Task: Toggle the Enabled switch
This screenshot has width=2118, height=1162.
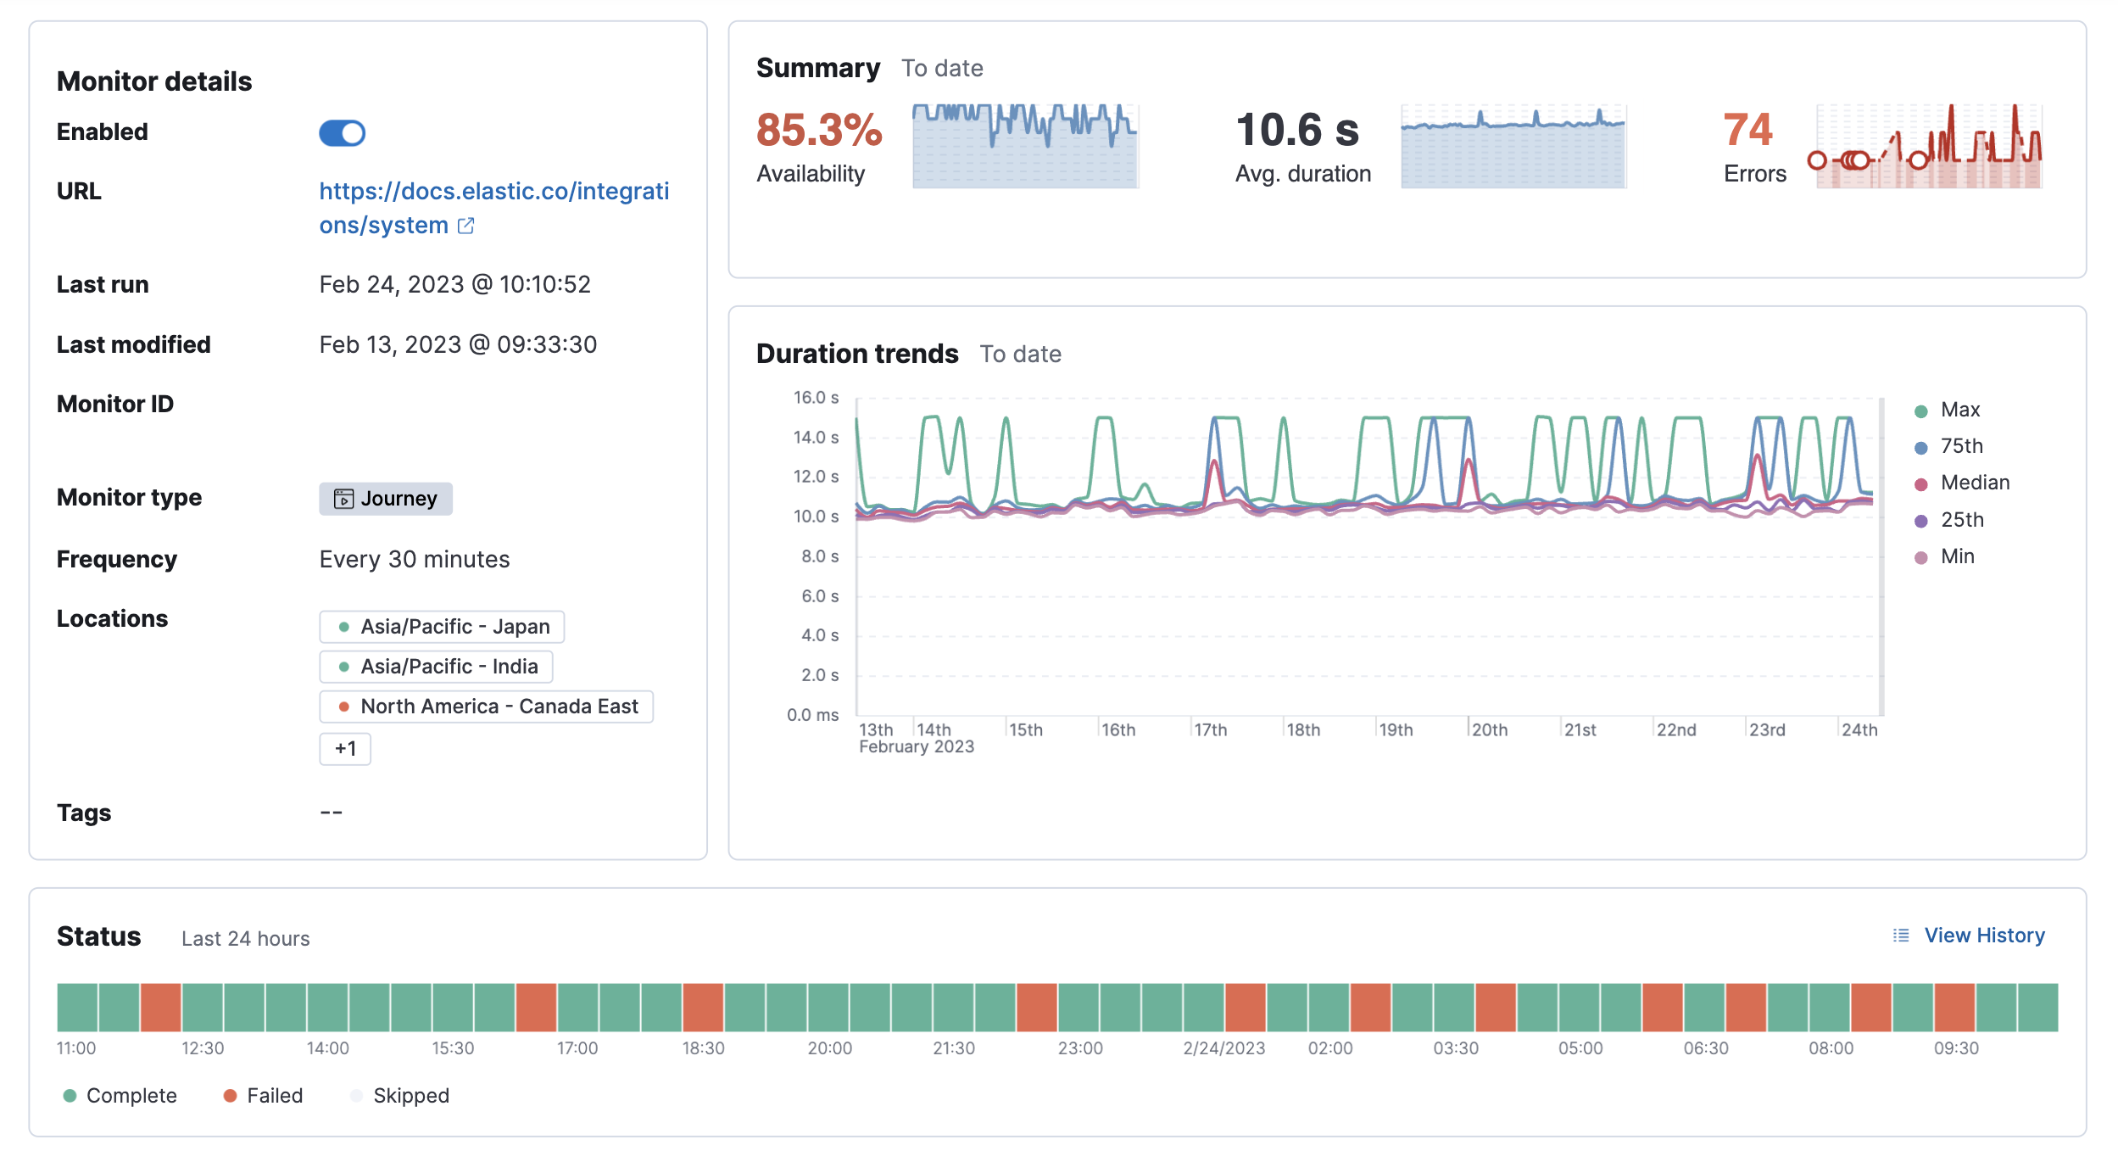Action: (342, 133)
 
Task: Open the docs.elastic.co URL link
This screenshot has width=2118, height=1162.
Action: (493, 208)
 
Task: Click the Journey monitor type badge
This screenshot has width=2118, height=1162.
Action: (386, 499)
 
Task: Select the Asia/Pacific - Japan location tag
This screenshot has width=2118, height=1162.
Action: (442, 627)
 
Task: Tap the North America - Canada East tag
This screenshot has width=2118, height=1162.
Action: (486, 707)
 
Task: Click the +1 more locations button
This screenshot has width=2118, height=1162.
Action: (345, 749)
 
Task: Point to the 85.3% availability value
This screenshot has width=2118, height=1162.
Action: (818, 130)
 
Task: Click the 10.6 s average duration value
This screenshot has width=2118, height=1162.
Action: (1296, 130)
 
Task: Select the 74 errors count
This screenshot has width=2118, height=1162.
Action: (1747, 130)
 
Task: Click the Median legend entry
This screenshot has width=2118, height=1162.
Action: (1974, 483)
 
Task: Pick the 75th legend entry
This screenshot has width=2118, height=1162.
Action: (1960, 446)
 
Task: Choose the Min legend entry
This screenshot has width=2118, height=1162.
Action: (1956, 556)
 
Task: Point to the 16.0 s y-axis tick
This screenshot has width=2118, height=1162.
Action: (816, 398)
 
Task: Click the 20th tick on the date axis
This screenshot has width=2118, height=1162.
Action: (1489, 730)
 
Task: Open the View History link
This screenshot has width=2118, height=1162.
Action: (1983, 936)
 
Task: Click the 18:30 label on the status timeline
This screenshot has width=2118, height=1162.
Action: (703, 1048)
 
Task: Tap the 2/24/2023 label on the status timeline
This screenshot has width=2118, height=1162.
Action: (1223, 1048)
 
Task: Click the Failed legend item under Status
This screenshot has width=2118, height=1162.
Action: (273, 1096)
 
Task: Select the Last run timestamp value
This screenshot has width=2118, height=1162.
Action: (454, 285)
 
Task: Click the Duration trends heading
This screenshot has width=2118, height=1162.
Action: (856, 354)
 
